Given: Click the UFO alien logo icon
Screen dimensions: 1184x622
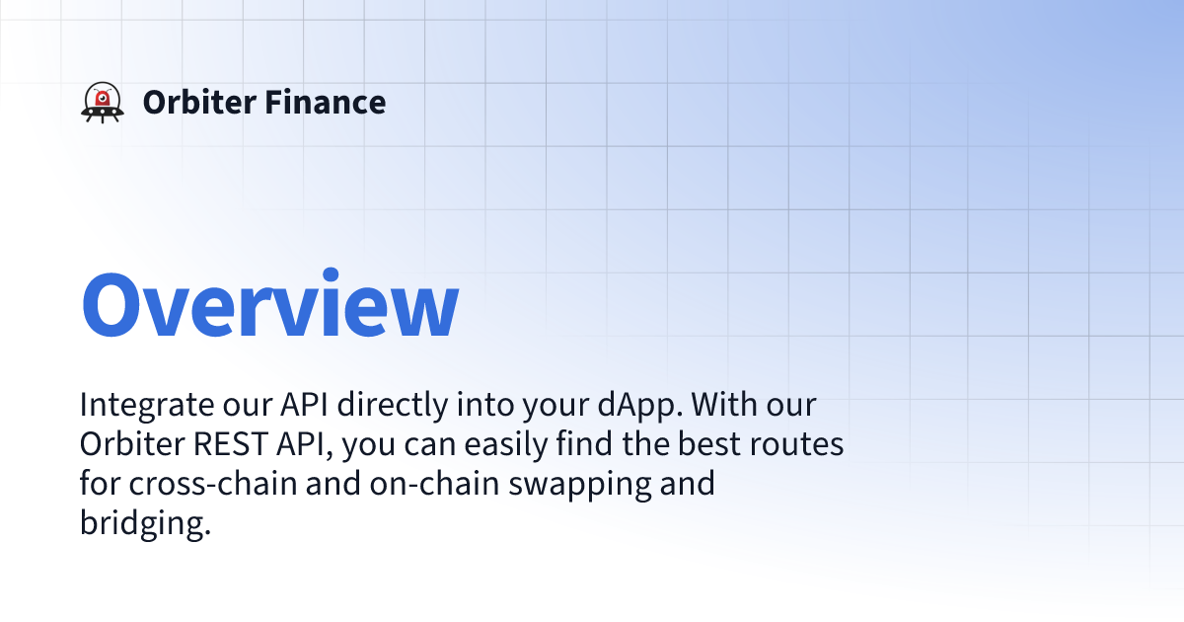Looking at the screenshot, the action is (103, 102).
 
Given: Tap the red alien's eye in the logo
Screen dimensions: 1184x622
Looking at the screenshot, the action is (103, 98).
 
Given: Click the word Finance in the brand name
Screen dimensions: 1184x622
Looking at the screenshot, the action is (325, 102).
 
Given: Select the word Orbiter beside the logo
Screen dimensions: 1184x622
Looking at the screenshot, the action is (199, 102).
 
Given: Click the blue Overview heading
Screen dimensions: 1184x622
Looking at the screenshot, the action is (269, 304).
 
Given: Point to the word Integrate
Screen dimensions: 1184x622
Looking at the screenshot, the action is (146, 406).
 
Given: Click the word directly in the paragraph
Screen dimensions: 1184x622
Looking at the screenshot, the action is (393, 406).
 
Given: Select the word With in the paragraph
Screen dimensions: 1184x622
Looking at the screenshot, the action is (724, 405).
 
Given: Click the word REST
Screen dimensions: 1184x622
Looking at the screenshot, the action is (230, 444).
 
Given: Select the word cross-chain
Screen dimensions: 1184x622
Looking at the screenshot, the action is (213, 483).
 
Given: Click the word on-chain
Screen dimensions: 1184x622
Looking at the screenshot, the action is (434, 483).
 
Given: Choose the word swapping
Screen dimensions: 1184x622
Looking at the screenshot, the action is (580, 485).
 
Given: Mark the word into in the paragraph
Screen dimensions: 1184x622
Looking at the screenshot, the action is (485, 405).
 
